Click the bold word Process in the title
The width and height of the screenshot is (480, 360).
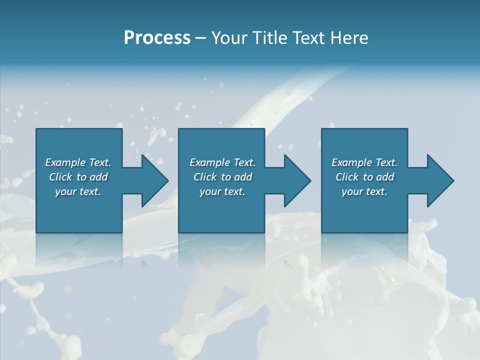pos(157,38)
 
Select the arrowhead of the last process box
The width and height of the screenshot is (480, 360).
pos(439,180)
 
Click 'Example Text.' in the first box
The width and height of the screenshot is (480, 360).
pos(78,162)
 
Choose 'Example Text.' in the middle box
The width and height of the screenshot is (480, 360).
pos(222,162)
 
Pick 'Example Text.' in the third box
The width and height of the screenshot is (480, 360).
pos(364,162)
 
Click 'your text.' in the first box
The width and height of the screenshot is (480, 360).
pos(78,191)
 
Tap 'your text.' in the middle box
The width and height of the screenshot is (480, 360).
pos(222,191)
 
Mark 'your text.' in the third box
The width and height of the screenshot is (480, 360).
pos(364,191)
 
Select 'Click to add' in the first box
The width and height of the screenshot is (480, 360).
pos(78,177)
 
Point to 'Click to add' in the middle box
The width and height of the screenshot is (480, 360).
pos(222,177)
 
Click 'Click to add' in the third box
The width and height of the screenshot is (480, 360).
pos(364,177)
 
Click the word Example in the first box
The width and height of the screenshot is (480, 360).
pos(65,162)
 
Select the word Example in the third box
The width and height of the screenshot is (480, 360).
pos(351,162)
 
